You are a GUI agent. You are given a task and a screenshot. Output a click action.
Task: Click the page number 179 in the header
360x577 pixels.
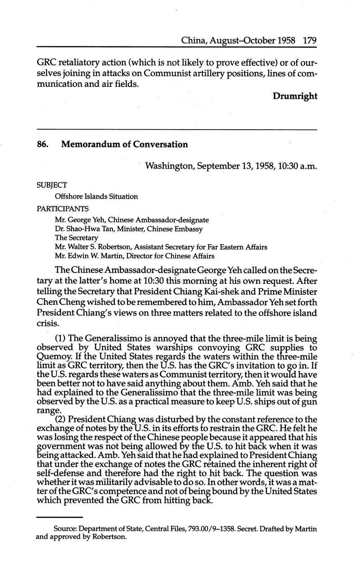tap(309, 41)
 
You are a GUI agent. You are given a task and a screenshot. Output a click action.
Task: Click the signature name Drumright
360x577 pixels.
tap(295, 96)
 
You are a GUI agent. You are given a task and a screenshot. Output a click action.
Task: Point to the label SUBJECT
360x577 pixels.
tap(52, 185)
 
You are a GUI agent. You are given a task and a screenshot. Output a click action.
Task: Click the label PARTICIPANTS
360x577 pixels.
tap(63, 208)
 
